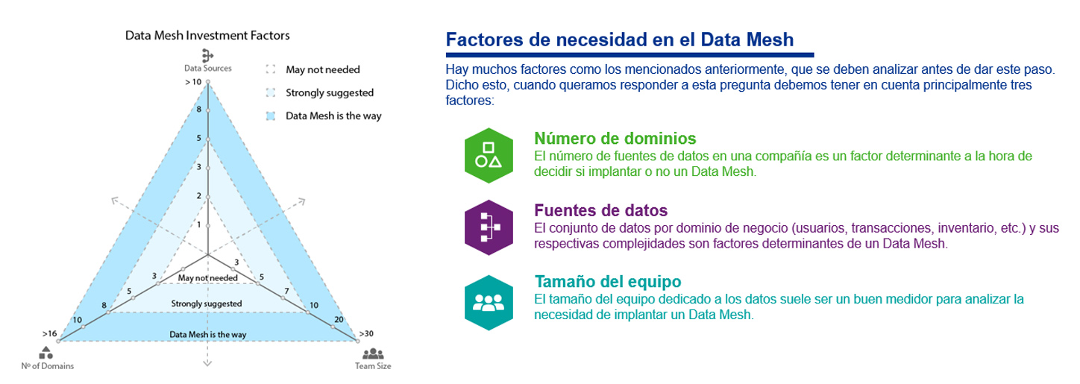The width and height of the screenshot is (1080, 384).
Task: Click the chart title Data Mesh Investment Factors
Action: (x=207, y=35)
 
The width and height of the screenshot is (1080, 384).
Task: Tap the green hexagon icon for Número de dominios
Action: (x=489, y=155)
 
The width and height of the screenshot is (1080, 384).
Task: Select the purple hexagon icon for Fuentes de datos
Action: (x=489, y=227)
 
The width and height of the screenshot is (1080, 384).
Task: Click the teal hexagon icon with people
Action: (x=489, y=303)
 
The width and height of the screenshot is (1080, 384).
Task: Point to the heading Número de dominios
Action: (x=615, y=138)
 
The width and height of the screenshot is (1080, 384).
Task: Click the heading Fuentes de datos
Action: (x=600, y=210)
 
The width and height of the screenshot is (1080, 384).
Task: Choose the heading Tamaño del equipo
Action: (x=608, y=281)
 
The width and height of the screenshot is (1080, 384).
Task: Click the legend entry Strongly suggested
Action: (x=330, y=92)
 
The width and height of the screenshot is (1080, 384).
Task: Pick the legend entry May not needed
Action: (x=322, y=69)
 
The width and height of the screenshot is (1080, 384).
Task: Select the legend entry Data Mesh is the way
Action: (x=333, y=116)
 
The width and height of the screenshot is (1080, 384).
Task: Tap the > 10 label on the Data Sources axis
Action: (x=193, y=82)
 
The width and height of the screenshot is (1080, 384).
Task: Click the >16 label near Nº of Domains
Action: (x=50, y=333)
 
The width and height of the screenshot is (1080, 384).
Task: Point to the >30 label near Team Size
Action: (x=366, y=333)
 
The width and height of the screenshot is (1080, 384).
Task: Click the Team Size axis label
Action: (x=373, y=365)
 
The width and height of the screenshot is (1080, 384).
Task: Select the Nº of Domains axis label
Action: (x=47, y=365)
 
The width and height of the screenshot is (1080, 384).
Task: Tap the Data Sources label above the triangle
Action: (x=208, y=68)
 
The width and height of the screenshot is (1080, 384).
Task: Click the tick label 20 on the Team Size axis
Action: (x=339, y=319)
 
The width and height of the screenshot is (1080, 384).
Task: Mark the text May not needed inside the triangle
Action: (x=208, y=277)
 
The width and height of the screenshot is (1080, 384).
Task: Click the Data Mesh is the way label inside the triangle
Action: (x=208, y=334)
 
